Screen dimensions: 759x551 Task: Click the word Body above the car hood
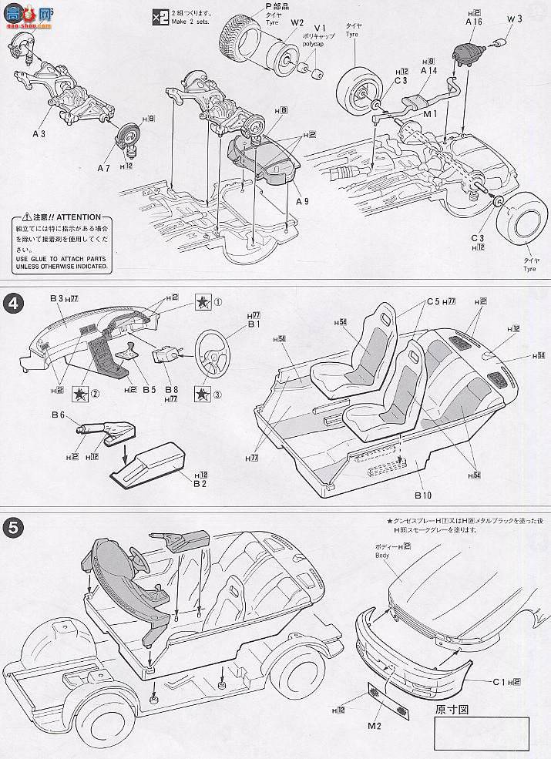tap(384, 554)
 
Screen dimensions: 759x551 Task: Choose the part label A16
tap(474, 23)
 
